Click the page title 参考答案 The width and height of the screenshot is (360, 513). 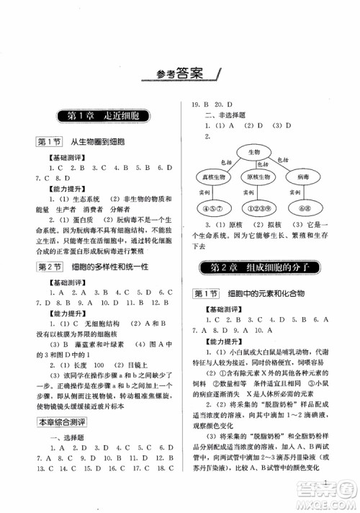click(180, 72)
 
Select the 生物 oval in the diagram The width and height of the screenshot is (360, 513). click(258, 153)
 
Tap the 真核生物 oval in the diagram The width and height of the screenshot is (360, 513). click(214, 177)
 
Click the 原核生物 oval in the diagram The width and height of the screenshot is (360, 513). click(258, 177)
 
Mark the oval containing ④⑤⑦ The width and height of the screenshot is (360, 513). click(213, 210)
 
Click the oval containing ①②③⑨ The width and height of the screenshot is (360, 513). click(258, 210)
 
